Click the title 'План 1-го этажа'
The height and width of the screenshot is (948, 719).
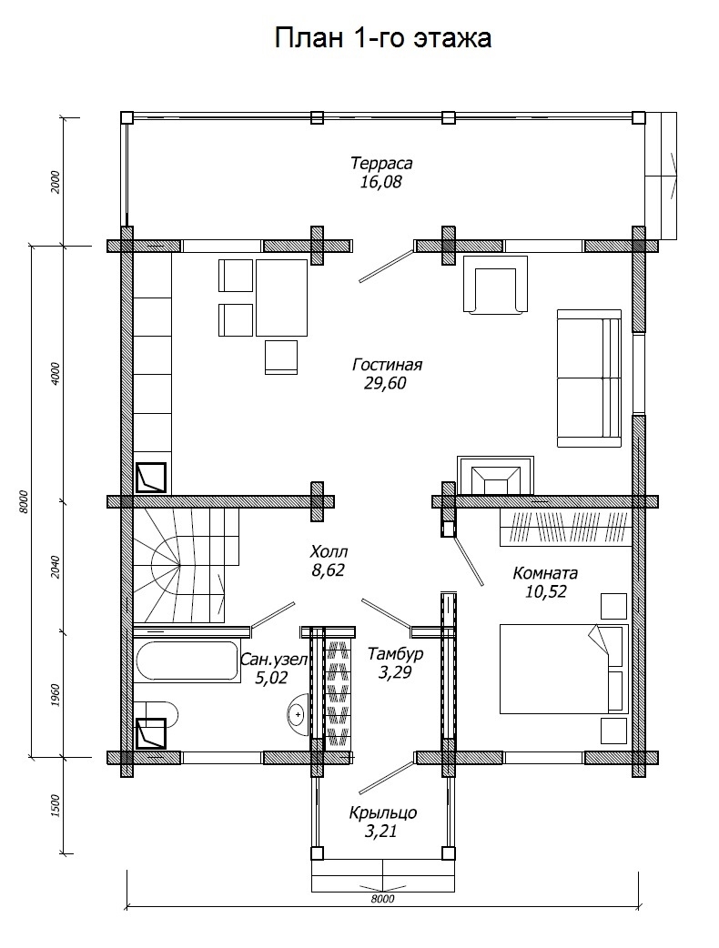(x=383, y=38)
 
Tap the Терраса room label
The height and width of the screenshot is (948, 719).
(x=381, y=163)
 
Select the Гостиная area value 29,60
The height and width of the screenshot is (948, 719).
(x=385, y=383)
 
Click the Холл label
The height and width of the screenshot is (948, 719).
(x=329, y=551)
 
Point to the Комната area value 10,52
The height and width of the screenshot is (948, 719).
(x=545, y=591)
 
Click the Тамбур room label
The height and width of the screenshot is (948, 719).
(x=396, y=653)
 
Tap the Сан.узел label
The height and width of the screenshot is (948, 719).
(x=274, y=660)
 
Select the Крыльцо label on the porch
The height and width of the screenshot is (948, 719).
(x=383, y=813)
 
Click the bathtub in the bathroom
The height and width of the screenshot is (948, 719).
(x=187, y=661)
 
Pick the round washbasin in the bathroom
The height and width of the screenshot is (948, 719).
(x=297, y=714)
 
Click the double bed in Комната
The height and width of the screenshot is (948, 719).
(x=564, y=670)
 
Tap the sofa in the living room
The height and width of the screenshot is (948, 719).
(x=589, y=378)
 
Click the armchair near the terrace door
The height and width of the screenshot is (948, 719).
(x=495, y=284)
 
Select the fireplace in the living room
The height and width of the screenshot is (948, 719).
(x=495, y=475)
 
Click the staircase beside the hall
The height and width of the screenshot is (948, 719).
(x=186, y=565)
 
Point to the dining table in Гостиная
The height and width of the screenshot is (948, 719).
(x=281, y=298)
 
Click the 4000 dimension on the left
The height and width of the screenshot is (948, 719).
(x=56, y=374)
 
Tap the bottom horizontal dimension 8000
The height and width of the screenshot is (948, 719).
(x=382, y=899)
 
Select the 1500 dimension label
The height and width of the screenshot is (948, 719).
(x=56, y=806)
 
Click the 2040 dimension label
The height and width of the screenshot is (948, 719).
(x=56, y=567)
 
